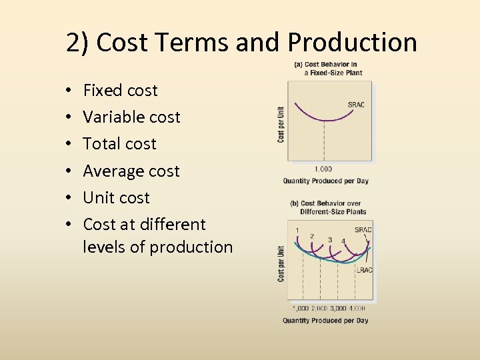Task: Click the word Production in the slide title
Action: tap(353, 43)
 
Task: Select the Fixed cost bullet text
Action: tap(120, 90)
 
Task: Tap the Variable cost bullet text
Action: tap(131, 117)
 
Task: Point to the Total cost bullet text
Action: tap(119, 143)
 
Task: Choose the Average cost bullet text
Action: tap(131, 171)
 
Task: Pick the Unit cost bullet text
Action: tap(116, 197)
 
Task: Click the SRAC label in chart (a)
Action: tap(356, 104)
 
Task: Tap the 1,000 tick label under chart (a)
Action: tap(323, 169)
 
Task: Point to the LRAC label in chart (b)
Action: tap(364, 270)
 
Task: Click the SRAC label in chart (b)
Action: tap(363, 230)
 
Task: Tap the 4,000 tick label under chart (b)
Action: tap(357, 309)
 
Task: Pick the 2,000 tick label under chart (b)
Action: tap(319, 309)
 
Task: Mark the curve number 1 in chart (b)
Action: tap(297, 231)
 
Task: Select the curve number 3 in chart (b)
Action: tap(330, 239)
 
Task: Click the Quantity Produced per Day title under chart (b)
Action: tap(325, 321)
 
